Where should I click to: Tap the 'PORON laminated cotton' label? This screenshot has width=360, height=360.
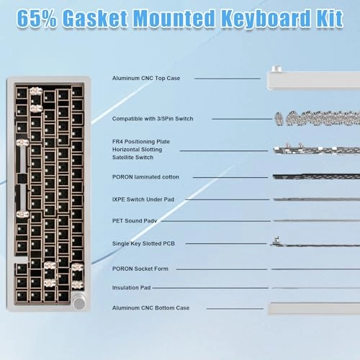(145, 176)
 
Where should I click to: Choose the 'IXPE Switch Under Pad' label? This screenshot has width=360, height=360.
(144, 199)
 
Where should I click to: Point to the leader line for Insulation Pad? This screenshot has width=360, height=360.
(208, 287)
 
